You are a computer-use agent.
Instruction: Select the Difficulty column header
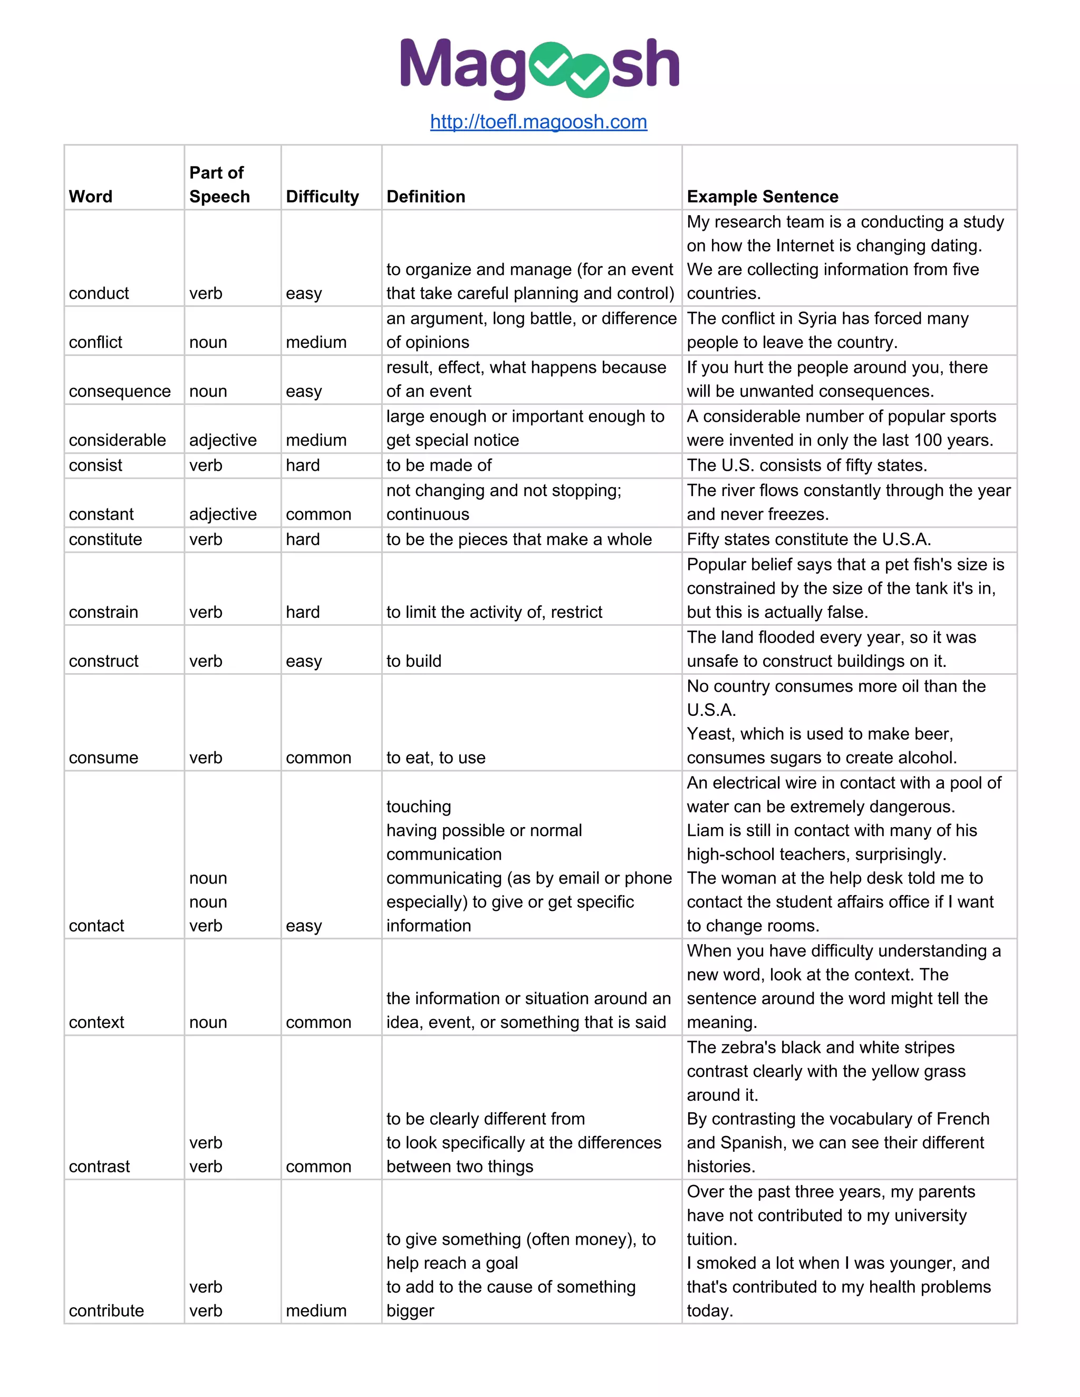(x=322, y=197)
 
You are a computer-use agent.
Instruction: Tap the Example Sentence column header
(x=762, y=197)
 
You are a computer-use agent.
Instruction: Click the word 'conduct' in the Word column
(x=99, y=293)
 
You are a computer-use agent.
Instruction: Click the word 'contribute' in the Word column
(x=106, y=1311)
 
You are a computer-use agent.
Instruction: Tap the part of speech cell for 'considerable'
(x=223, y=440)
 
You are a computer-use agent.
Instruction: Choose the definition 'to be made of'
(x=438, y=465)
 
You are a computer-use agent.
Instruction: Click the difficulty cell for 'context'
(x=318, y=1022)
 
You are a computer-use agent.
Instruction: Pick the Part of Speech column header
(x=219, y=184)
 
